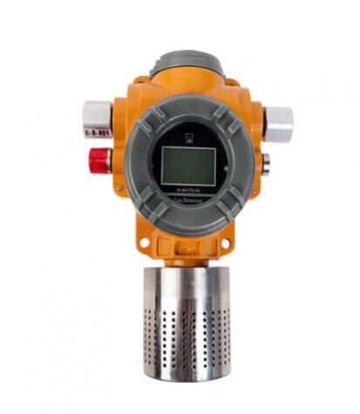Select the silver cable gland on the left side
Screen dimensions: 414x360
pos(97,113)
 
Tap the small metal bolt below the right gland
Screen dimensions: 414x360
pos(265,161)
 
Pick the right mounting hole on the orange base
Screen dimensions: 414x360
pos(229,241)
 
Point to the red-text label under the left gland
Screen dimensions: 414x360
pos(97,132)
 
